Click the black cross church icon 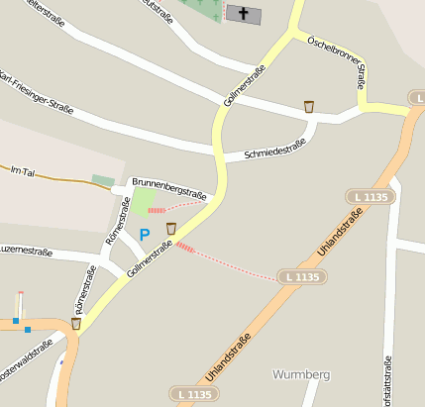[244, 14]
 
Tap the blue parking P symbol [145, 235]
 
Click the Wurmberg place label [299, 375]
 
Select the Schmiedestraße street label [265, 150]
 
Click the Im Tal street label [22, 171]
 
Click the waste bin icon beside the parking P [171, 229]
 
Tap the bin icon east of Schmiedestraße [309, 106]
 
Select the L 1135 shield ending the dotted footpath [301, 276]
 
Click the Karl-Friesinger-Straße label [34, 93]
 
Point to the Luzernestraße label [26, 252]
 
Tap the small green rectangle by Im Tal [102, 180]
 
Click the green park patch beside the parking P [143, 200]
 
